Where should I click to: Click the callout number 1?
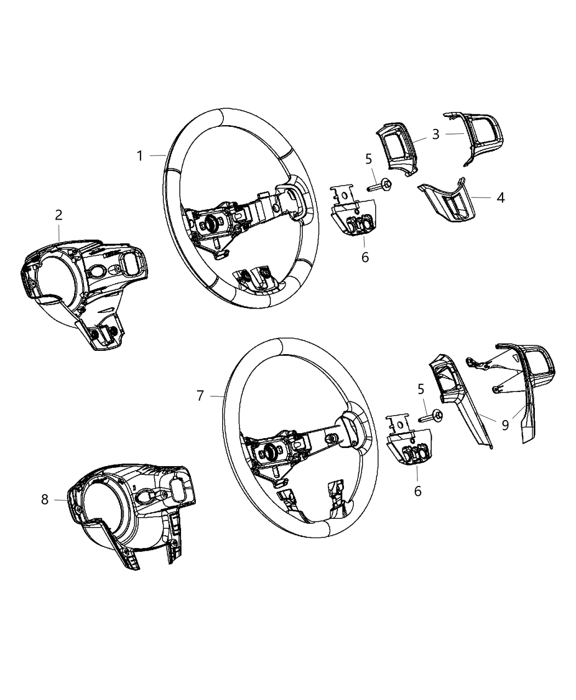coord(140,156)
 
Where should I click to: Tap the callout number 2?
coord(59,215)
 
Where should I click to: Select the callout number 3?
coord(436,135)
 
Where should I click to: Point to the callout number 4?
coord(500,197)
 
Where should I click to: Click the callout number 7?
coord(200,395)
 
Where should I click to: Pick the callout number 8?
coord(44,499)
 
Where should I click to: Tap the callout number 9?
coord(505,424)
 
